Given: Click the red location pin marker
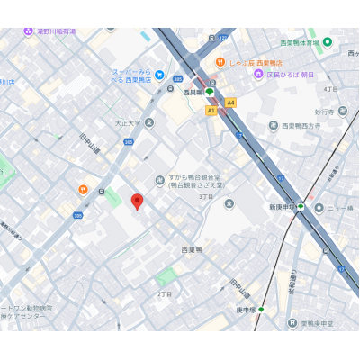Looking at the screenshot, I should pyautogui.click(x=137, y=202).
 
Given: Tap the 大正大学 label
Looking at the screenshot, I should pyautogui.click(x=129, y=121).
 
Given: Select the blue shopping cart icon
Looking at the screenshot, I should pyautogui.click(x=159, y=75).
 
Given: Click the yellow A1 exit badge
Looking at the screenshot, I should pyautogui.click(x=211, y=110).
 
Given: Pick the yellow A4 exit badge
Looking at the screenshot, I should pyautogui.click(x=230, y=103).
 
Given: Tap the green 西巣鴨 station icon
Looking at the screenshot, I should pyautogui.click(x=210, y=92).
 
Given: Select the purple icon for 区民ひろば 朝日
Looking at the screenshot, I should pyautogui.click(x=258, y=74).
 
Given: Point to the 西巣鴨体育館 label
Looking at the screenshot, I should pyautogui.click(x=299, y=42).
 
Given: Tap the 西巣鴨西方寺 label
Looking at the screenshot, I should pyautogui.click(x=306, y=126).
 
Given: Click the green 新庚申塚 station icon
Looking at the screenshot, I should pyautogui.click(x=301, y=207).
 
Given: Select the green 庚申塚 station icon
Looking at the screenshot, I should pyautogui.click(x=261, y=309).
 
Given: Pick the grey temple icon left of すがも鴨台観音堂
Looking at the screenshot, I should pyautogui.click(x=159, y=179).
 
